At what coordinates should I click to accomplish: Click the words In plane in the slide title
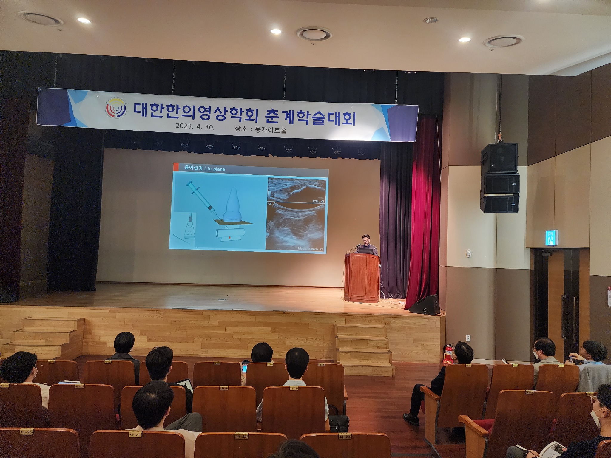(x=216, y=169)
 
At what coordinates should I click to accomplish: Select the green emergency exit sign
(x=553, y=237)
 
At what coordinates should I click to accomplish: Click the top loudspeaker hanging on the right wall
(x=499, y=158)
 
